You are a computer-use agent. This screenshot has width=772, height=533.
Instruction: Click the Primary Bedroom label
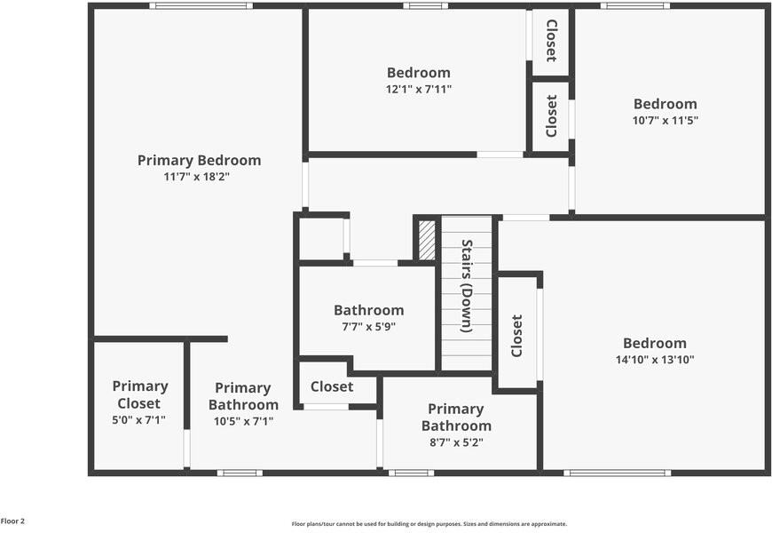[199, 160]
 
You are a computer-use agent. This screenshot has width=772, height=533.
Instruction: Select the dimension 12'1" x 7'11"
[418, 89]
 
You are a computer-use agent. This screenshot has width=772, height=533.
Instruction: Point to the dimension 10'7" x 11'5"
[665, 120]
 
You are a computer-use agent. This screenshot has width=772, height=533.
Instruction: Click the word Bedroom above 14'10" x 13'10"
[654, 343]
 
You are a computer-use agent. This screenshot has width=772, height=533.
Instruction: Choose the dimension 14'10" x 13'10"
[654, 360]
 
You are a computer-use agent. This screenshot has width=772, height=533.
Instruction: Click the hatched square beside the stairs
[427, 240]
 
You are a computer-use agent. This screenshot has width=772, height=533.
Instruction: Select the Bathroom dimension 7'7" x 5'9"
[368, 326]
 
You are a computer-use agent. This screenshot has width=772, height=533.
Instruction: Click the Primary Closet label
[139, 394]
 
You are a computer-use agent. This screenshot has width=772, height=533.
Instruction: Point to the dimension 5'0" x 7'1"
[139, 420]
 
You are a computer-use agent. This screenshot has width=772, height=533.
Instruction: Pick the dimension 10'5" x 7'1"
[243, 421]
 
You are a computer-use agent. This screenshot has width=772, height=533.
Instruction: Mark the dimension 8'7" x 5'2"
[455, 442]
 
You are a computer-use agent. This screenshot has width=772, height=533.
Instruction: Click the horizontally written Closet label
[332, 386]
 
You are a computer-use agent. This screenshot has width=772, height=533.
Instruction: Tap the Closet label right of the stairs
[516, 336]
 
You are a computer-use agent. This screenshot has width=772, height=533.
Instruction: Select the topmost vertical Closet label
[551, 41]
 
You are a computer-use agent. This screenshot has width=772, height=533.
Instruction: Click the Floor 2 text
[12, 521]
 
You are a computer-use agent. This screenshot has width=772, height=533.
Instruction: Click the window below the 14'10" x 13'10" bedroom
[615, 473]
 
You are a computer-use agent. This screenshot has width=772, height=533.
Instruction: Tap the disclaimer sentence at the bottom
[429, 524]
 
